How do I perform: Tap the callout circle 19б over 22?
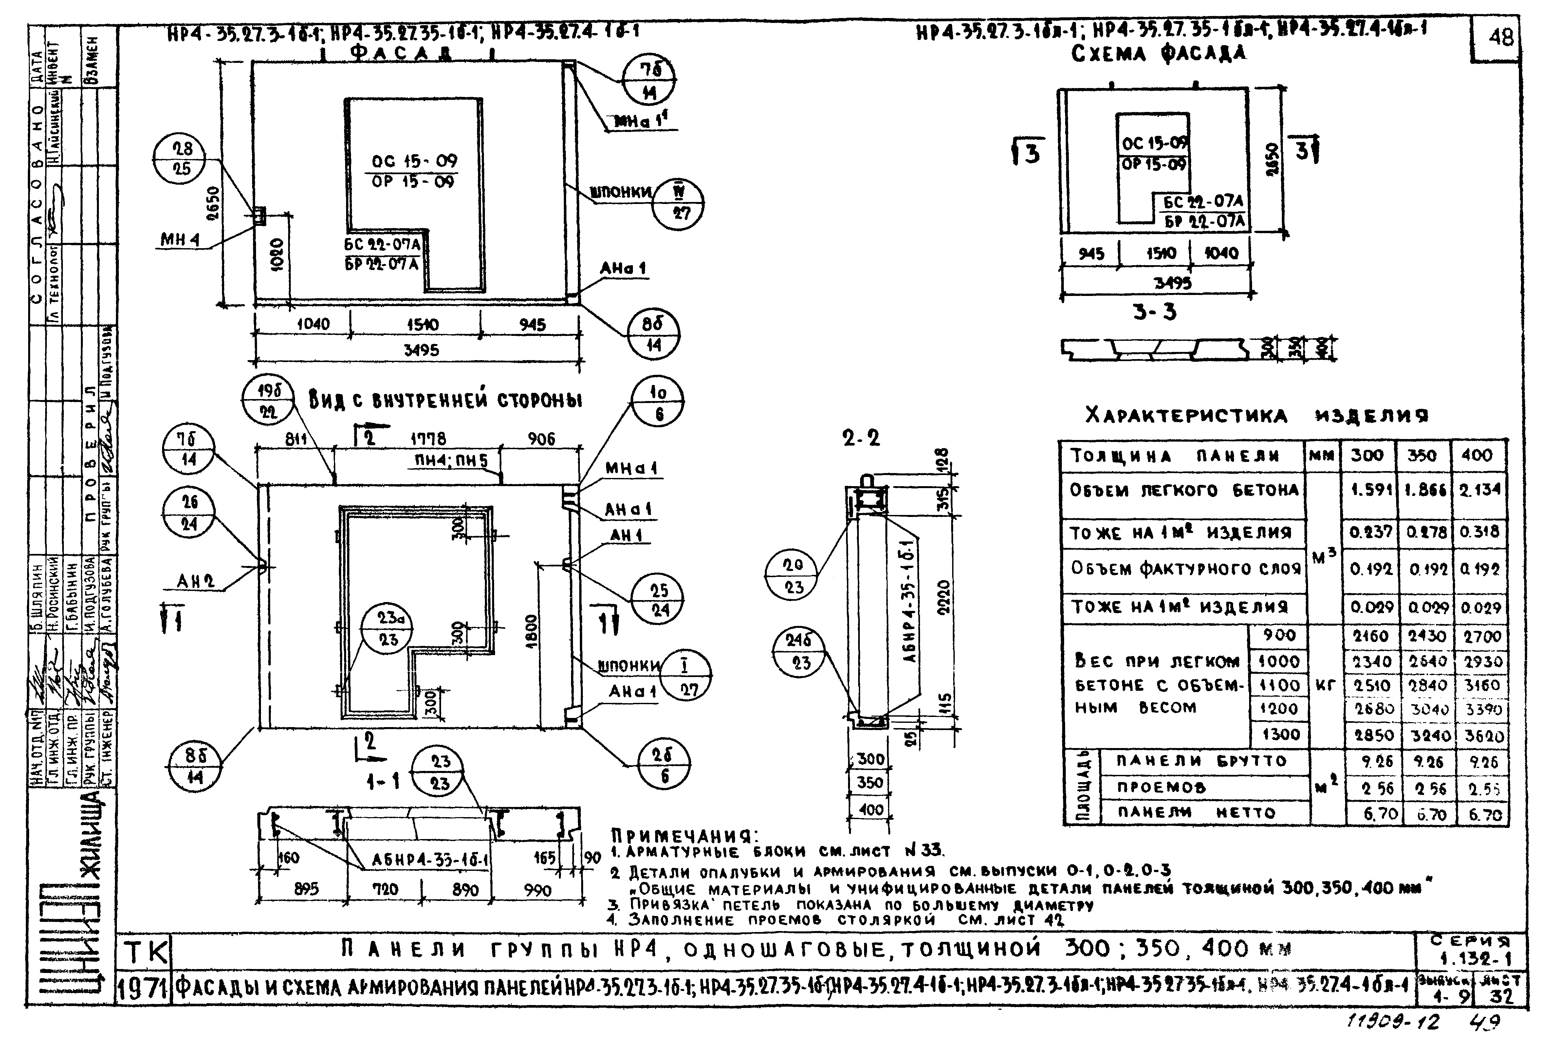point(268,401)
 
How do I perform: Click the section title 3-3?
point(1154,312)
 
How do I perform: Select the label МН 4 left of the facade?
point(180,240)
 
